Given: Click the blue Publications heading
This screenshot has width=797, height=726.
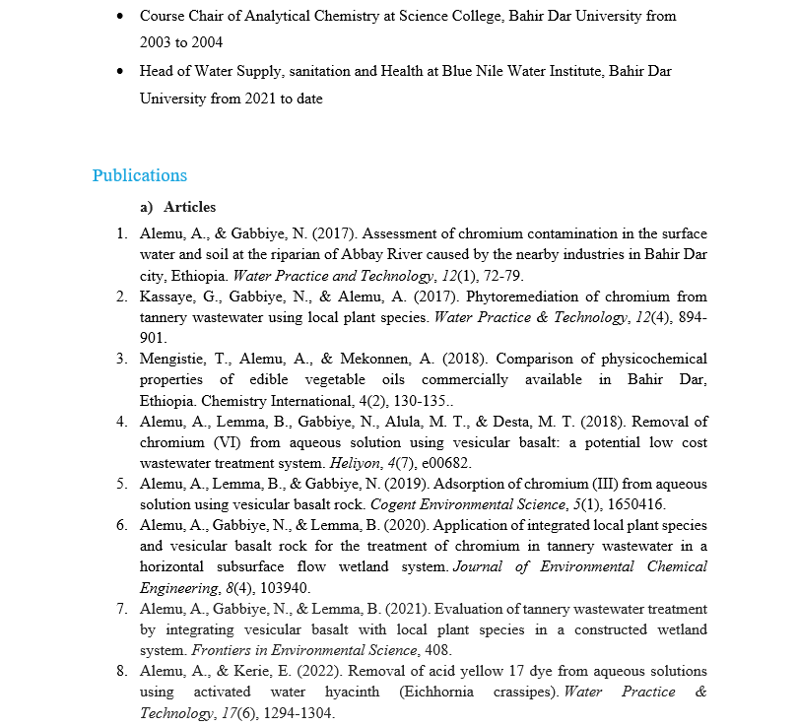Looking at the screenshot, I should [x=139, y=175].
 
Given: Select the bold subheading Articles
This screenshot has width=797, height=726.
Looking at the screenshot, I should [x=189, y=207].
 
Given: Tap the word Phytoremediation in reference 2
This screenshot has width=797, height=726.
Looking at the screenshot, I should [x=518, y=297].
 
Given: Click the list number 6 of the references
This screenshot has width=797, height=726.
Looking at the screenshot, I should [x=121, y=525].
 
